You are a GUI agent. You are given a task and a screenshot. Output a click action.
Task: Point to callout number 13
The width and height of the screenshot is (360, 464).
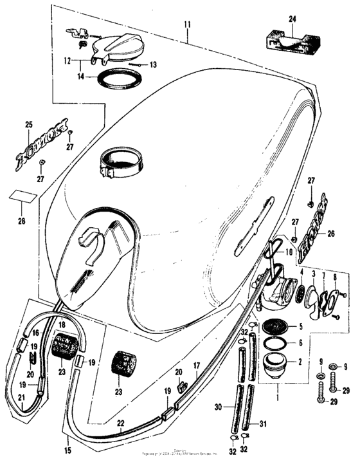click(x=153, y=65)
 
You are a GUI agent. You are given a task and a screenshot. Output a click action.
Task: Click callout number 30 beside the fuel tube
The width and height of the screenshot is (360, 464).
click(x=219, y=407)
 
